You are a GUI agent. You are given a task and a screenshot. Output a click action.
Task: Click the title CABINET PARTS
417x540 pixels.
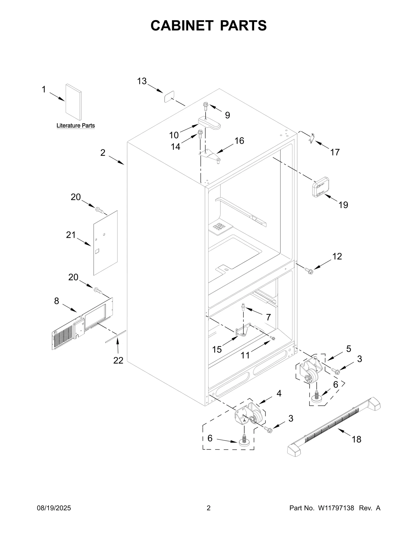(x=208, y=26)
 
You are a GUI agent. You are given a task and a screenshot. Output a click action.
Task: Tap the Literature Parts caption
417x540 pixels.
(x=76, y=126)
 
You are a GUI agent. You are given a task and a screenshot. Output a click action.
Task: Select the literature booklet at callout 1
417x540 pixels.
(x=73, y=102)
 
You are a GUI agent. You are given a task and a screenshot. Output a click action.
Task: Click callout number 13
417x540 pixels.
(x=142, y=81)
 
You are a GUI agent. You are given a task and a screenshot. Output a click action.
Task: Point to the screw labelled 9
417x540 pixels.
(x=206, y=106)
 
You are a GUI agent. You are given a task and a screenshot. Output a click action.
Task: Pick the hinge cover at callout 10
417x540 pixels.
(x=209, y=123)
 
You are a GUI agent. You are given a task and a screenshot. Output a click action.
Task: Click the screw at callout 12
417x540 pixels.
(x=310, y=271)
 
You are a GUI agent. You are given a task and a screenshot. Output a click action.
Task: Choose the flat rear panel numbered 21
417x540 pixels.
(x=105, y=243)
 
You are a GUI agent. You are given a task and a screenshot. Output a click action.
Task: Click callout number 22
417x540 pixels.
(x=118, y=360)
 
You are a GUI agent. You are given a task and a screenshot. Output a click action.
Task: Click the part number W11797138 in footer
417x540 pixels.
(x=336, y=508)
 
